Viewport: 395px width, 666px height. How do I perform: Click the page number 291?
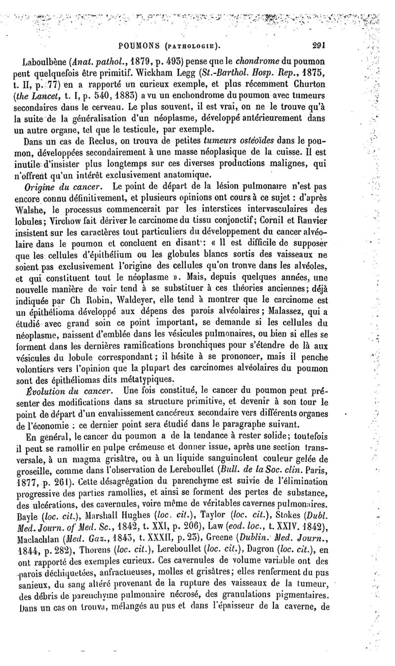click(x=318, y=43)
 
